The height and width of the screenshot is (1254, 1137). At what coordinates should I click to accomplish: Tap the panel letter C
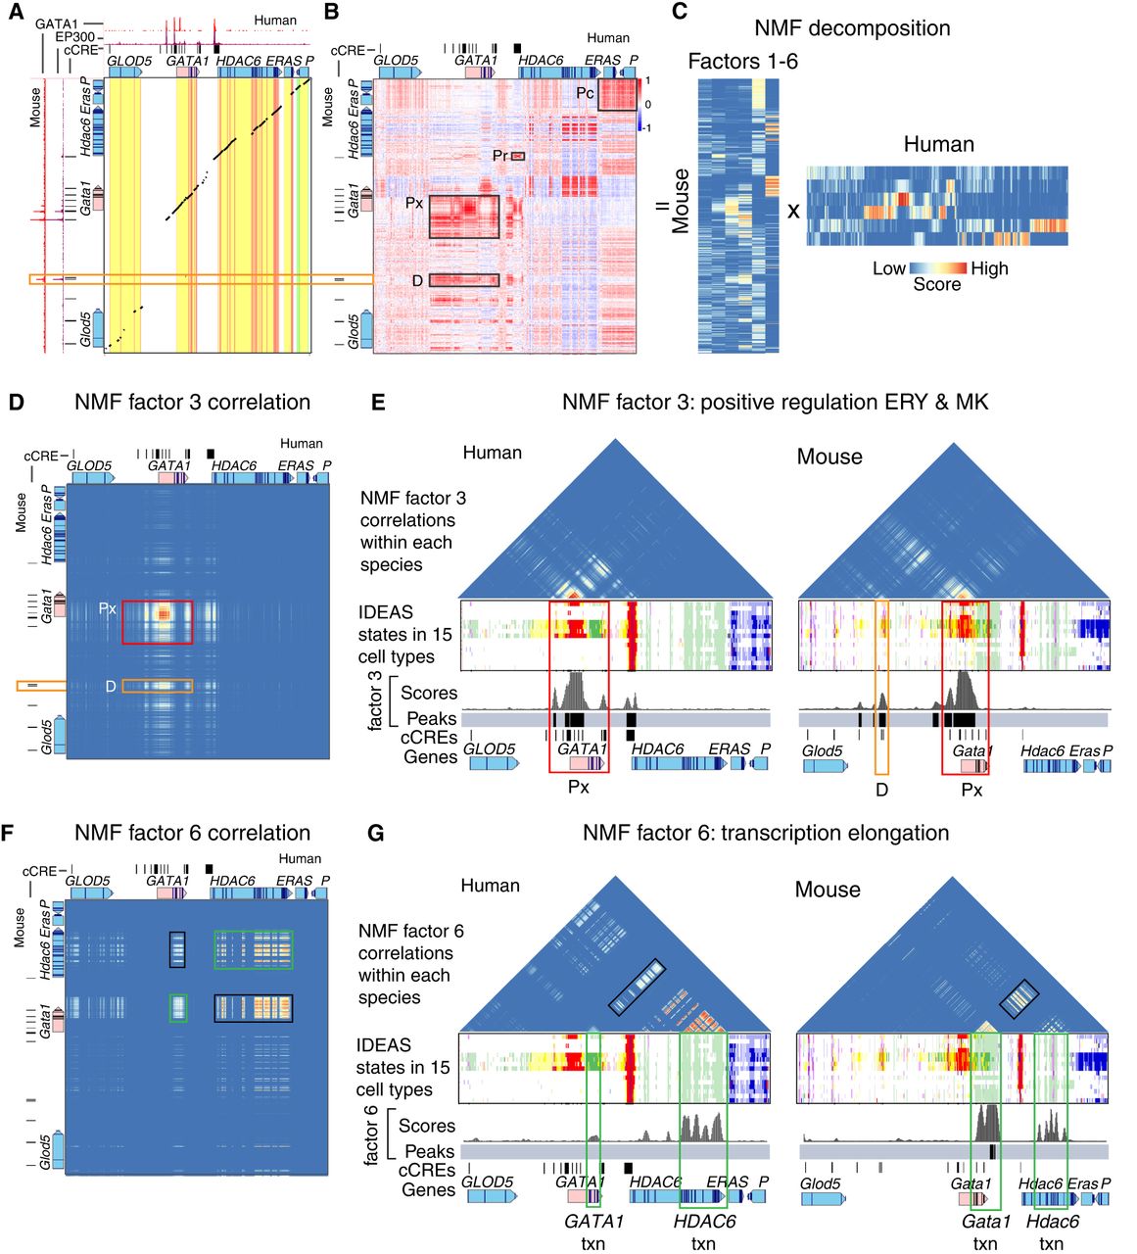point(680,12)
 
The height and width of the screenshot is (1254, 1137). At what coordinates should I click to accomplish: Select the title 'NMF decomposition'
point(852,28)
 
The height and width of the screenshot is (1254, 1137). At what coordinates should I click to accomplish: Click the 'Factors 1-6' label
point(742,62)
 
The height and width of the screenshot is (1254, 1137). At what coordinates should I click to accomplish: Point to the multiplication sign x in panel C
point(793,209)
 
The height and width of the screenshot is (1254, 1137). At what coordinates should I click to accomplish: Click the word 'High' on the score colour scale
point(989,268)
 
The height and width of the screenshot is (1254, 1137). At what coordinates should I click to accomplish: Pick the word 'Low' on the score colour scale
point(889,268)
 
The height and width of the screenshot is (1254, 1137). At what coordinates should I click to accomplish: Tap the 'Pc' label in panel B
point(585,93)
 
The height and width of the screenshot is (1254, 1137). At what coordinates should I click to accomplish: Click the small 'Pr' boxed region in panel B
point(518,156)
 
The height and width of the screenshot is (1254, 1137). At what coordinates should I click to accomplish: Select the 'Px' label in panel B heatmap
point(414,204)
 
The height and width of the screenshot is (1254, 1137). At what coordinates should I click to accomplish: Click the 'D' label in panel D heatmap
point(112,686)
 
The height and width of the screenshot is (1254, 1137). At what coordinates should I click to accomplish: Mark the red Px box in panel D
point(158,623)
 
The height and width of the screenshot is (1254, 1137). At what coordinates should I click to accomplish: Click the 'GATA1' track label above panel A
point(56,24)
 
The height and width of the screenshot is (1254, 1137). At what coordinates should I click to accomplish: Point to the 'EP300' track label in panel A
point(74,37)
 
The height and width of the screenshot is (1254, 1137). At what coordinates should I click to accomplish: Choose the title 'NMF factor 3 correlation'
point(192,403)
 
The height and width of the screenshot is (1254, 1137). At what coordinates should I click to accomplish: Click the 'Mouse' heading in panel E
point(829,457)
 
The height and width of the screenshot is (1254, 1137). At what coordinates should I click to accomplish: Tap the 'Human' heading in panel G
point(490,886)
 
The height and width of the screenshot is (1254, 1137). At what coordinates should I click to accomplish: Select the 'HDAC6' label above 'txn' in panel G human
point(704,1222)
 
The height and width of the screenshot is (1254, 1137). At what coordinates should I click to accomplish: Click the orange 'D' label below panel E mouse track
point(881,790)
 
